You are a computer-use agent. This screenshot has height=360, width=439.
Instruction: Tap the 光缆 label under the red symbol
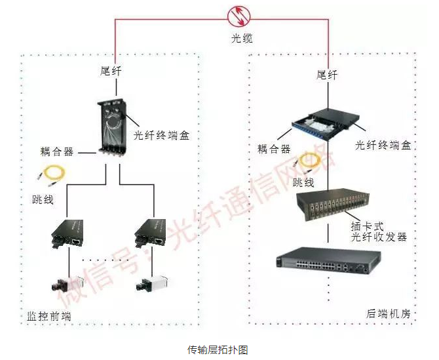pyautogui.click(x=242, y=38)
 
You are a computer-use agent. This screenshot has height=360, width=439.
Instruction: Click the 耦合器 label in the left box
pyautogui.click(x=56, y=152)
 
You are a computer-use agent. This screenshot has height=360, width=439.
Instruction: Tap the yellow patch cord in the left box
pyautogui.click(x=52, y=174)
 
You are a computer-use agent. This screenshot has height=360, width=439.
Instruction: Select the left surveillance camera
pyautogui.click(x=63, y=283)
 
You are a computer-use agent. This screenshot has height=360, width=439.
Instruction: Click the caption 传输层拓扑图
pyautogui.click(x=218, y=349)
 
